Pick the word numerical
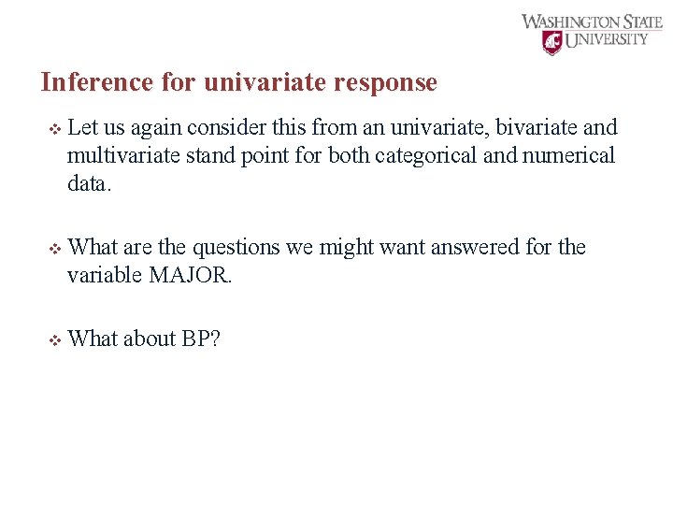point(570,155)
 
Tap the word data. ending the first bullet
point(89,183)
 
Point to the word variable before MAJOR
point(105,275)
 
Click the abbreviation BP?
point(201,339)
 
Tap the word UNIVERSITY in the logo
point(608,39)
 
